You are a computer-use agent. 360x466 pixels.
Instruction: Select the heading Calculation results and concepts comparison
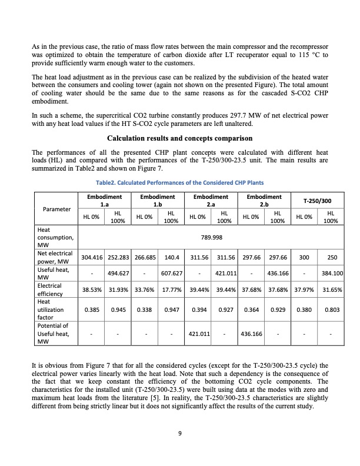[x=179, y=139]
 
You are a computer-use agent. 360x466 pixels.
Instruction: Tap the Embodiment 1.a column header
[x=104, y=200]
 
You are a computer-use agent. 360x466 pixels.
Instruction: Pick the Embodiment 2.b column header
[x=264, y=200]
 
